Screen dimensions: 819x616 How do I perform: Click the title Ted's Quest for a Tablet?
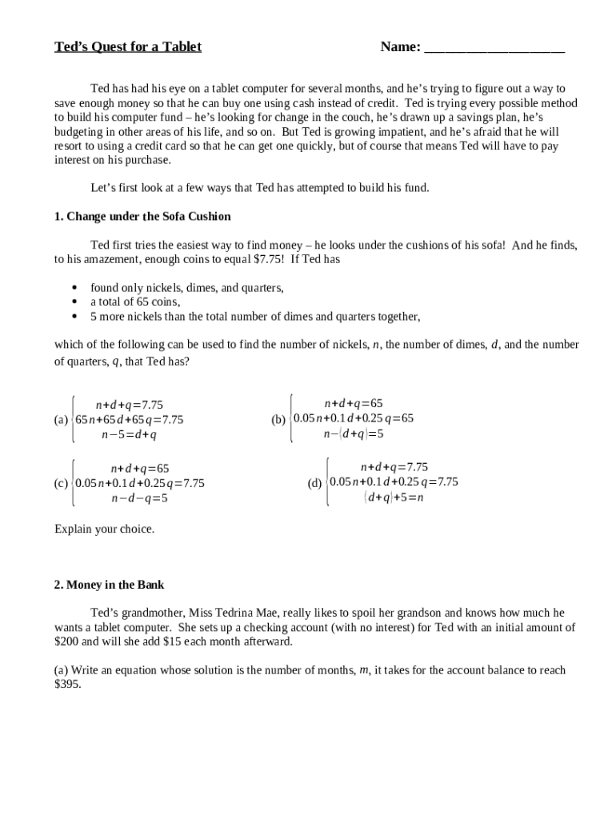[128, 46]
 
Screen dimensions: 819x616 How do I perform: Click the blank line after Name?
[494, 48]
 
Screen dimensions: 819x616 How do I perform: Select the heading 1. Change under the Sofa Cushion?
[142, 216]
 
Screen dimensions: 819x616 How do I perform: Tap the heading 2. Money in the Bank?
[109, 585]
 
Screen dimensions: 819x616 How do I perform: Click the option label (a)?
[61, 420]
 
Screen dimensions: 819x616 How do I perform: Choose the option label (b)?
[278, 419]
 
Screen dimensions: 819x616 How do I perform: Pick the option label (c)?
[61, 483]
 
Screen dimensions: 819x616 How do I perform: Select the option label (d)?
[314, 482]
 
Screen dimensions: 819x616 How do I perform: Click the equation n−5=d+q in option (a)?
[129, 435]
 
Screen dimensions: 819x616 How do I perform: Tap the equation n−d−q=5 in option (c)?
[139, 498]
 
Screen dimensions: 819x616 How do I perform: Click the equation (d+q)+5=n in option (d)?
[394, 497]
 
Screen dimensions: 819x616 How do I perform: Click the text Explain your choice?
[104, 529]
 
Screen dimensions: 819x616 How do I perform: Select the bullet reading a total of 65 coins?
[134, 302]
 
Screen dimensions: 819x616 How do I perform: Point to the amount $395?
[67, 685]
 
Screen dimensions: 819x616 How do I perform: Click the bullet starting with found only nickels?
[186, 287]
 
